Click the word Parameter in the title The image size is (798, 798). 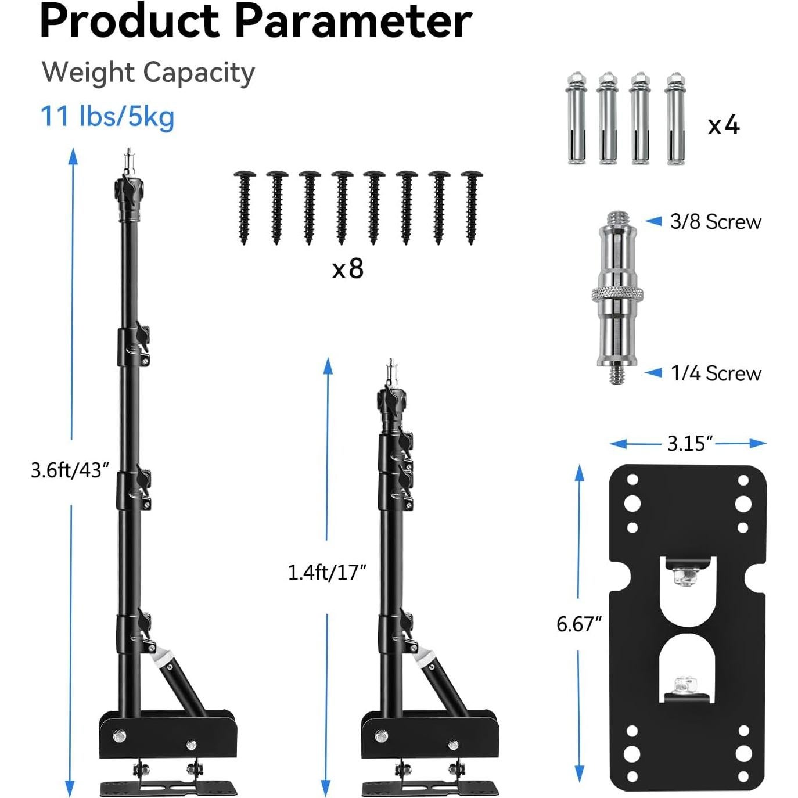pyautogui.click(x=353, y=21)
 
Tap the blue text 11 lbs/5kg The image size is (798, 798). pyautogui.click(x=107, y=117)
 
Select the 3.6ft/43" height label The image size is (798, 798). pyautogui.click(x=70, y=470)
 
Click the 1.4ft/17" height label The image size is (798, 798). pyautogui.click(x=327, y=573)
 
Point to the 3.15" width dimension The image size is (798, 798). pyautogui.click(x=689, y=444)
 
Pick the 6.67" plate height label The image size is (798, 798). pyautogui.click(x=578, y=624)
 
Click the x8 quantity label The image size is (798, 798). pyautogui.click(x=347, y=268)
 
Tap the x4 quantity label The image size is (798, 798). pyautogui.click(x=723, y=125)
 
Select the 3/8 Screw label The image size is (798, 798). pyautogui.click(x=715, y=222)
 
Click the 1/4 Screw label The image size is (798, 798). pyautogui.click(x=716, y=373)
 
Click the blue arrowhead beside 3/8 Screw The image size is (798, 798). pyautogui.click(x=653, y=221)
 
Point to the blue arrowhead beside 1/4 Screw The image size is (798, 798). pyautogui.click(x=653, y=372)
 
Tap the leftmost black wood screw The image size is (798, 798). pyautogui.click(x=244, y=206)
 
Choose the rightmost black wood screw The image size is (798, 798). pyautogui.click(x=472, y=206)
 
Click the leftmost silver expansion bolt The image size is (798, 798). pyautogui.click(x=576, y=118)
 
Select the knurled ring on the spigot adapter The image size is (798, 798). pyautogui.click(x=617, y=294)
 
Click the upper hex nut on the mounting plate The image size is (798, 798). pyautogui.click(x=680, y=577)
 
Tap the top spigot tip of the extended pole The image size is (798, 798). pyautogui.click(x=128, y=158)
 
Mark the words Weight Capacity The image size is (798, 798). pyautogui.click(x=148, y=73)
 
